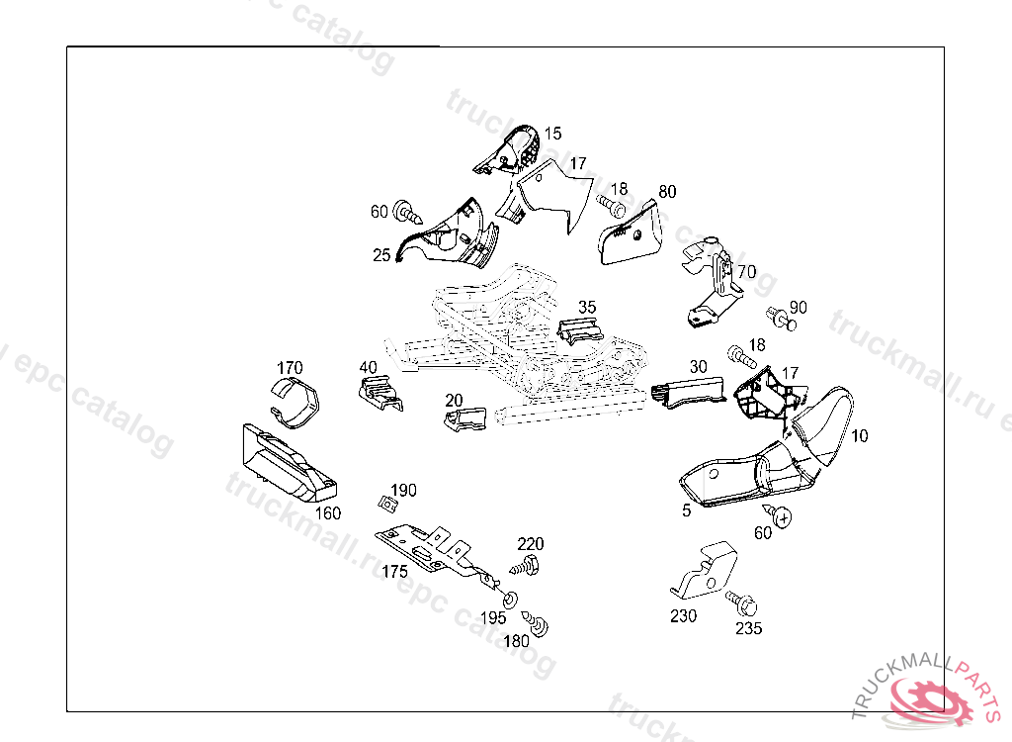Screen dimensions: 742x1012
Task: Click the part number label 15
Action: click(552, 133)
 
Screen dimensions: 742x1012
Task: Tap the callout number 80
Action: click(667, 191)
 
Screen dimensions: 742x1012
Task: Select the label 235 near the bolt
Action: click(748, 627)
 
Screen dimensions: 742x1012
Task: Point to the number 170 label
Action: click(290, 368)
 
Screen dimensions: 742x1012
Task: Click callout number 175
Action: click(395, 572)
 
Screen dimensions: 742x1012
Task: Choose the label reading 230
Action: click(683, 615)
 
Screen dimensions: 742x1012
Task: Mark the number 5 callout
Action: click(686, 510)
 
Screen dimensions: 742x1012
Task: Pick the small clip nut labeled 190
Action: click(389, 504)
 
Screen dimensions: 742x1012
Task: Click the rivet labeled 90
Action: click(782, 319)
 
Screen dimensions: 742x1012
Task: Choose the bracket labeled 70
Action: click(715, 283)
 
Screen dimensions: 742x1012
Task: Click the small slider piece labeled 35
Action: click(581, 330)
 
